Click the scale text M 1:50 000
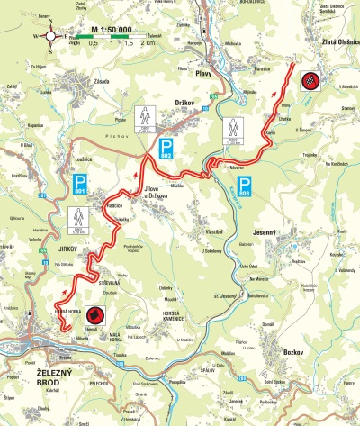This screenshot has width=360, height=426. pos(113,30)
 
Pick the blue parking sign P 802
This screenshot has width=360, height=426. pos(166,150)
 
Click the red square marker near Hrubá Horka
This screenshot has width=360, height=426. pos(94,315)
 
